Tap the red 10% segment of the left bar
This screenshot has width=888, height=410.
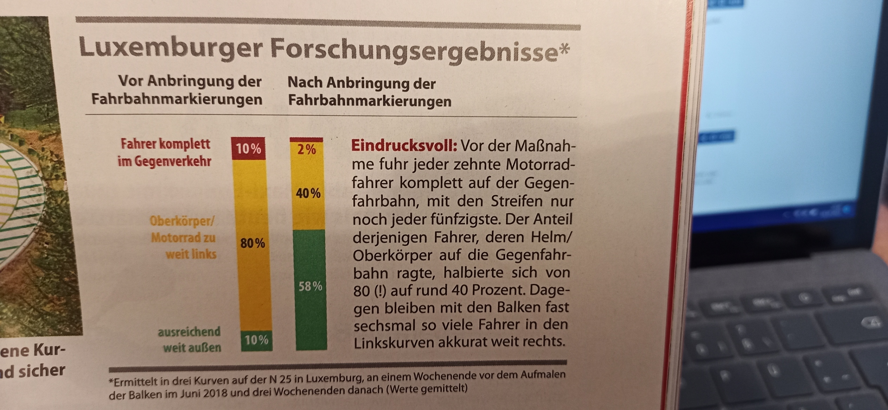point(248,149)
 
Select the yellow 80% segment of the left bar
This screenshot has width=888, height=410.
point(253,243)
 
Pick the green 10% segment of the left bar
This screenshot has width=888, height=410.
point(257,340)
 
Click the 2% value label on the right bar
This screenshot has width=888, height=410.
point(306,150)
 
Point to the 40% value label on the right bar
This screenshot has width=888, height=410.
point(308,193)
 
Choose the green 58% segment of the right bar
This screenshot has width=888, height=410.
point(310,287)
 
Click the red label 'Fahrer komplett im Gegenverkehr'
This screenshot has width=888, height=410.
point(165,152)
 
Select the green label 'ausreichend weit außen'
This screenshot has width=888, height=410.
point(190,339)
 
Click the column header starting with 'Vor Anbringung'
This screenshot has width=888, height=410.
point(177,90)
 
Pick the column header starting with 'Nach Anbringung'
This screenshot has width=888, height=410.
point(369,92)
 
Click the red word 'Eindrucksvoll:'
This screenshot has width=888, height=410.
point(404,146)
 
